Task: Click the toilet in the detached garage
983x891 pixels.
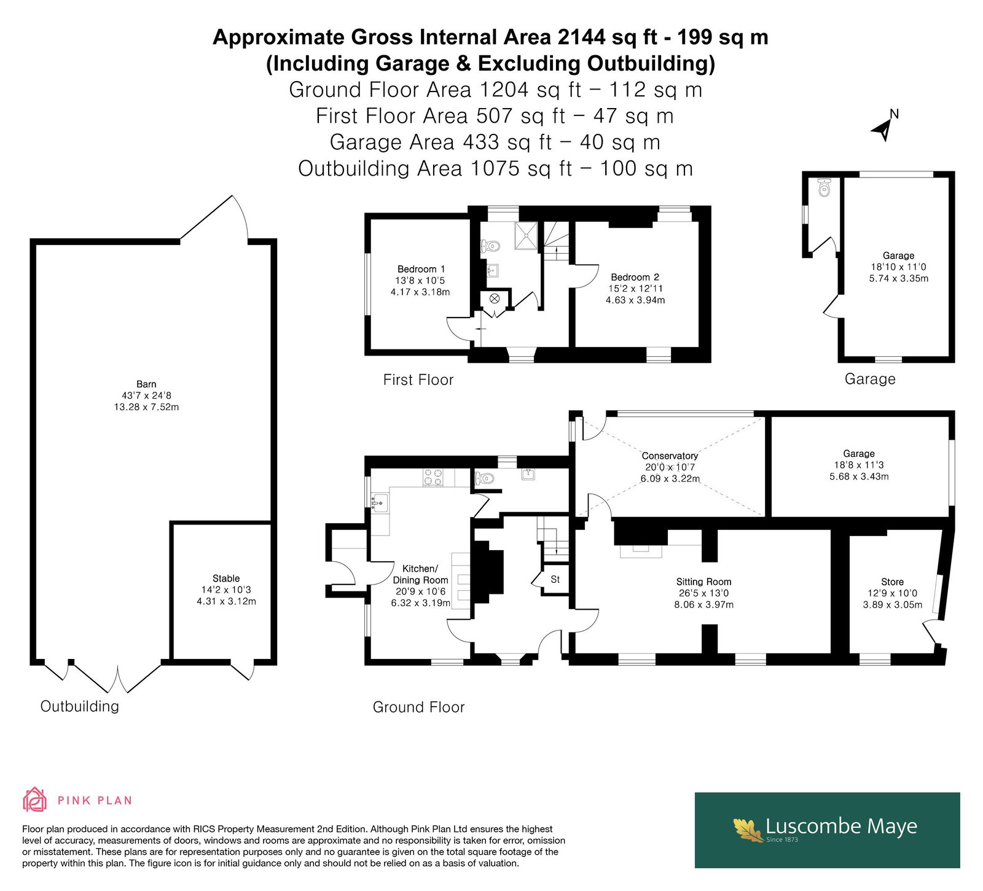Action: point(824,187)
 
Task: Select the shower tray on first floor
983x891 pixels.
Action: point(527,236)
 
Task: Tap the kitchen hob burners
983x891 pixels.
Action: point(433,477)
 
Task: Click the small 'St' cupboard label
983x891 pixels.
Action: point(555,579)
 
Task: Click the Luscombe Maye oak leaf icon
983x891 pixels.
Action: point(748,830)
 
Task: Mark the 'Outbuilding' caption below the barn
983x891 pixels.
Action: point(80,706)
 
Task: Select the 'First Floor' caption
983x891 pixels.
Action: point(418,380)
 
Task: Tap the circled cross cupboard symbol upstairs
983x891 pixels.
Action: point(495,299)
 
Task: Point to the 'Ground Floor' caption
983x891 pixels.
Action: point(419,707)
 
